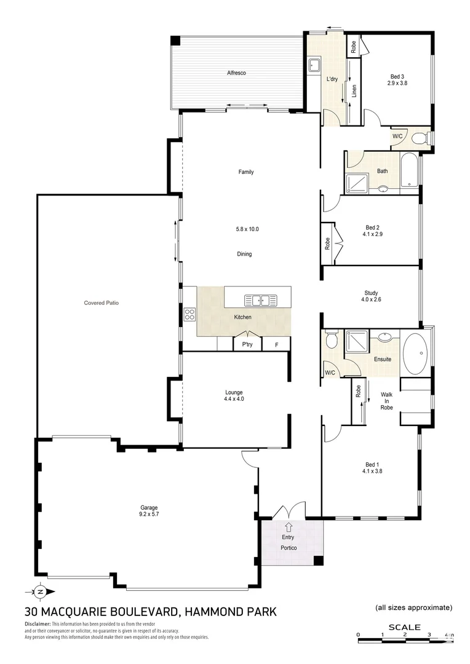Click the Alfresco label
(x=237, y=73)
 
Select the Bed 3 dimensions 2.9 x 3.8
(x=397, y=82)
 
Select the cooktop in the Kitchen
(x=189, y=314)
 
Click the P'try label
(x=247, y=344)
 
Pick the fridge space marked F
(x=277, y=344)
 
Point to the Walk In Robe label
(x=387, y=400)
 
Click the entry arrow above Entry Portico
(x=289, y=526)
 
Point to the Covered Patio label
(x=101, y=302)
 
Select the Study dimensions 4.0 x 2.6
(x=371, y=300)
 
